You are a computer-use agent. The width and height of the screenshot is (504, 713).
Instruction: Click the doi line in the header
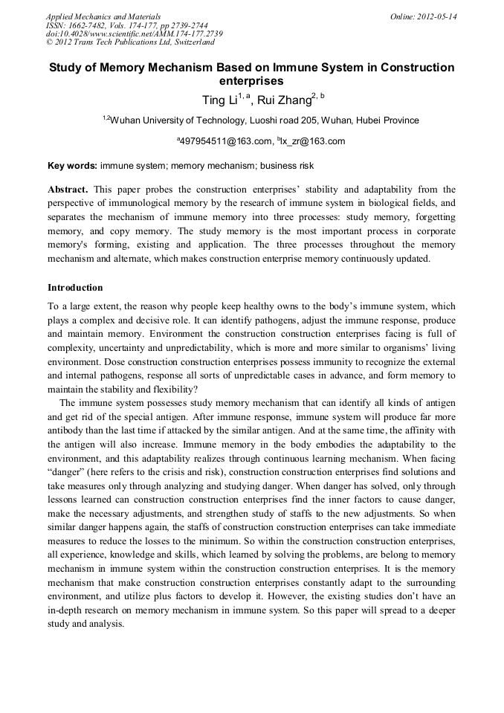tap(134, 34)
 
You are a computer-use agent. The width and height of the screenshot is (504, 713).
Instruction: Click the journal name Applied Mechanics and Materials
tap(103, 16)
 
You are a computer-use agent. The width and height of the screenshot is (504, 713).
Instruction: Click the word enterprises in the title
tap(252, 81)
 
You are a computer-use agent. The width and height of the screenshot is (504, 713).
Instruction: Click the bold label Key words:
tap(72, 165)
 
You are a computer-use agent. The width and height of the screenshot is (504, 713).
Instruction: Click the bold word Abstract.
tap(68, 190)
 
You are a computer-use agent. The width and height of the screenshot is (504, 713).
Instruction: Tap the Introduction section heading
tap(75, 288)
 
